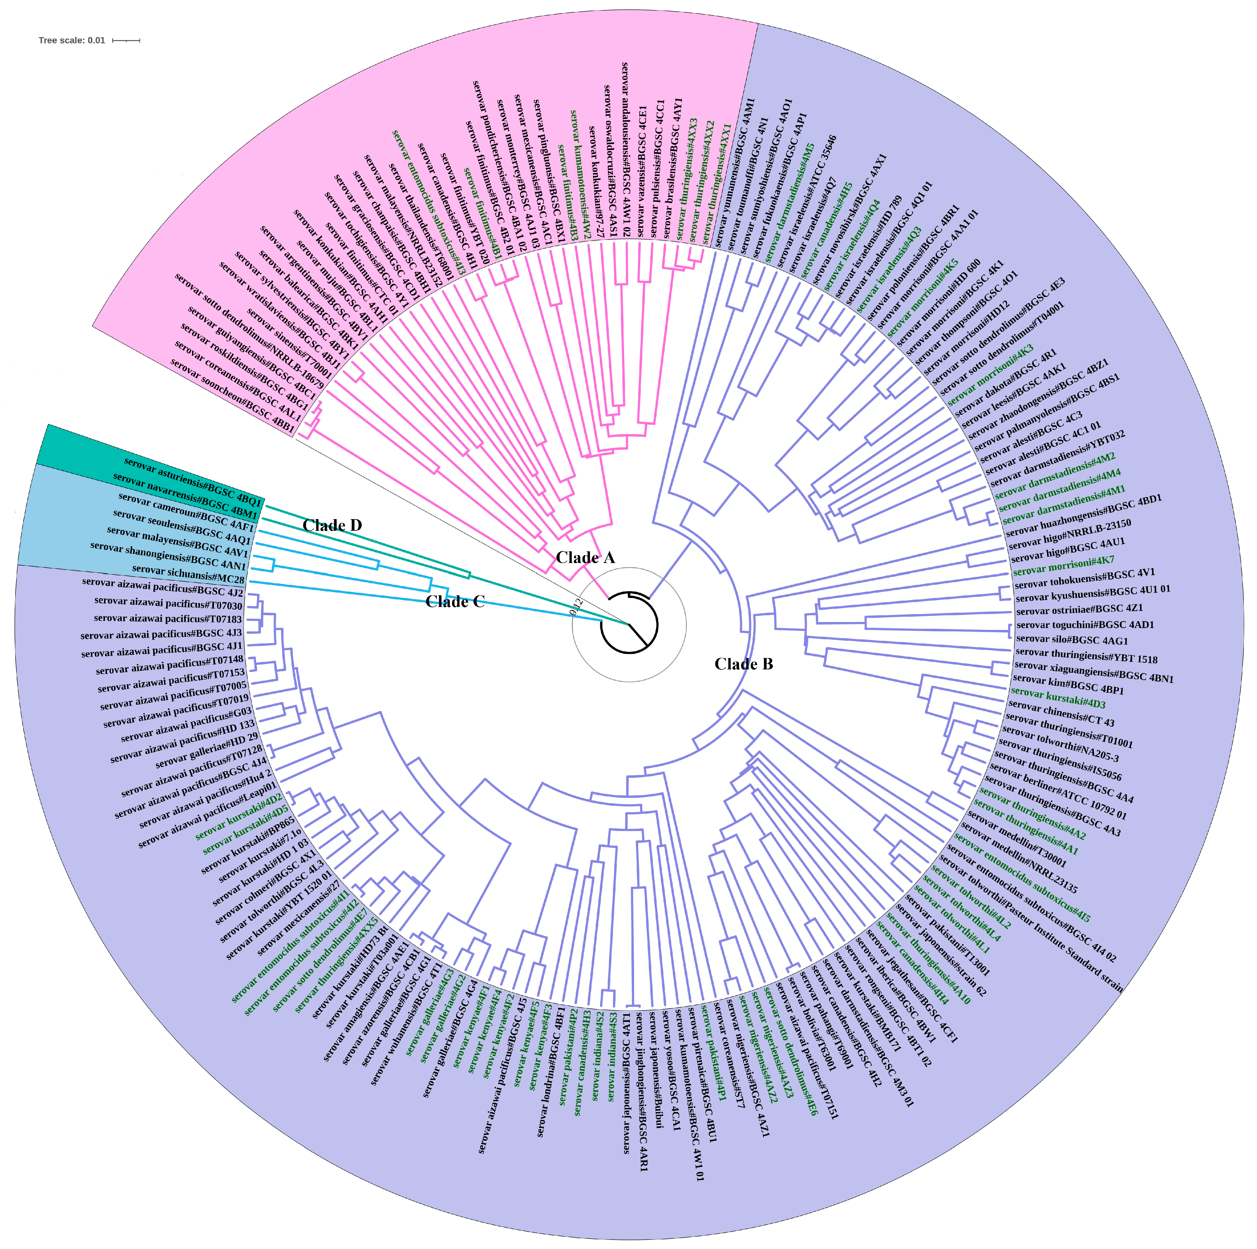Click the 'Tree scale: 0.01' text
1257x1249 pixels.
tap(72, 40)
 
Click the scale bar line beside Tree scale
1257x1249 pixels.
tap(126, 40)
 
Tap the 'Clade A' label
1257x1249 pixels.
tap(585, 558)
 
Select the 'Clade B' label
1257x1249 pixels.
tap(744, 664)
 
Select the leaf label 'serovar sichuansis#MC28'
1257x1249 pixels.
tap(188, 574)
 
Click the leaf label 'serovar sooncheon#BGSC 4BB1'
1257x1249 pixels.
tap(232, 397)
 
